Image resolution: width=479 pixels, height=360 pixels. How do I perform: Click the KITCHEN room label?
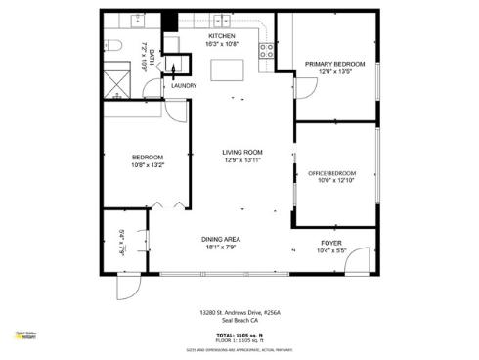pos(221,36)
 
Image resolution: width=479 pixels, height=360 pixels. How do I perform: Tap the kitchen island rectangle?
pos(228,68)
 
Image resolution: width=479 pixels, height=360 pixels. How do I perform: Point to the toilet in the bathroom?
pos(114,46)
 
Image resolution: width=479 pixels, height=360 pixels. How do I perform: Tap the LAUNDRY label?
pos(184,86)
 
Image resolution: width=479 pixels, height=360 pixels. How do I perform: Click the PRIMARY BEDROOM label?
pos(327,64)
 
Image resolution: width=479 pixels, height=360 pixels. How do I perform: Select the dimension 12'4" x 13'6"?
pos(327,71)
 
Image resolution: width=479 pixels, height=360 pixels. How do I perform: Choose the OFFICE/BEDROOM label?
pos(331,172)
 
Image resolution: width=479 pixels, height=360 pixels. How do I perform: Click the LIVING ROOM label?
pos(241,152)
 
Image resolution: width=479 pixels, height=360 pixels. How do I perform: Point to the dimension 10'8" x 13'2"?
pos(148,165)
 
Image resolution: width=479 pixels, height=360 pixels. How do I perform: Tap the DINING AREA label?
pos(221,240)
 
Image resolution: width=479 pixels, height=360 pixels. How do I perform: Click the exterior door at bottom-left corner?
pos(127,288)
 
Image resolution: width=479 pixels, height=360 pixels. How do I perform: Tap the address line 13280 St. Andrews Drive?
pos(239,313)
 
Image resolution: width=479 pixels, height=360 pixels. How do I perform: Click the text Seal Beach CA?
pos(239,321)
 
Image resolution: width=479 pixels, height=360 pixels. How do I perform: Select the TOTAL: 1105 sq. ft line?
pos(239,333)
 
